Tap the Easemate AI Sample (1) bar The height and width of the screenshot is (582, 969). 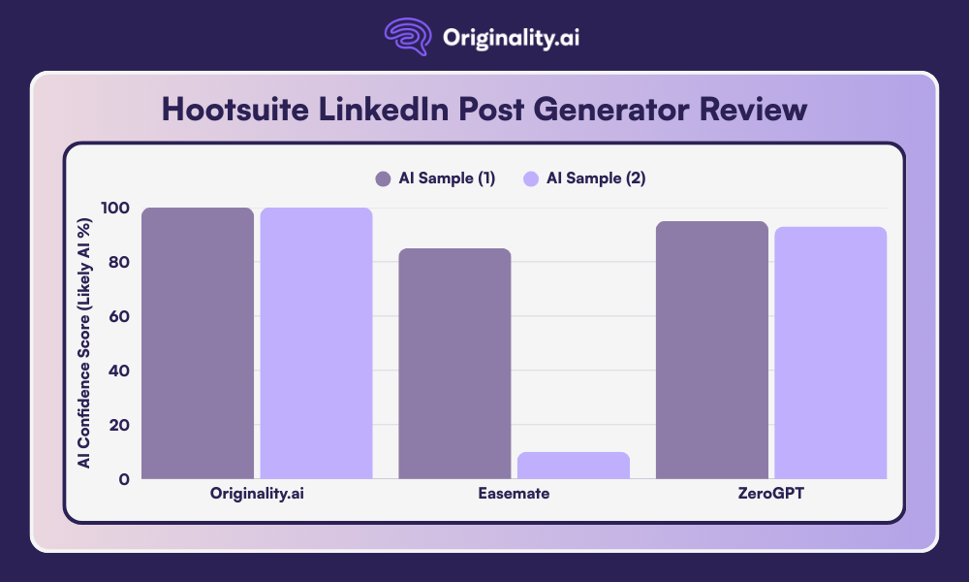pos(454,363)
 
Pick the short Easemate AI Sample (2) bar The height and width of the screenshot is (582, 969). pos(574,465)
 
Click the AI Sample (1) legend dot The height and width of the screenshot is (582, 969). pos(383,178)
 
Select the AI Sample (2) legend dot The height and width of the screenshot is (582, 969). pos(530,178)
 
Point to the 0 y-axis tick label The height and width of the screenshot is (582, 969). pos(124,479)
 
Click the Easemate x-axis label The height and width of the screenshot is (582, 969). pos(514,494)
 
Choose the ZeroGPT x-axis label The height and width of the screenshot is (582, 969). pos(771,494)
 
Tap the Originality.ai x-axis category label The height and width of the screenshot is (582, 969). pos(257,494)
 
